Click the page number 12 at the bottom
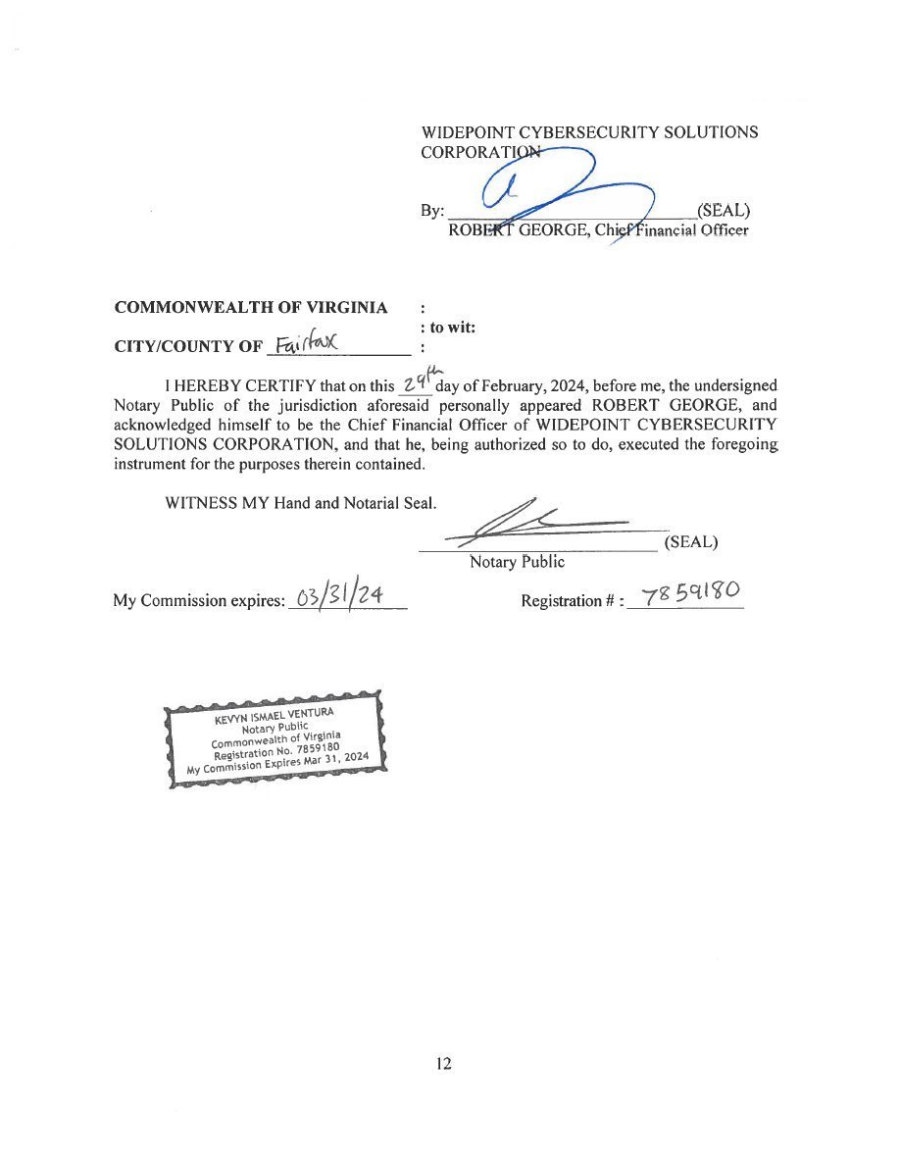pyautogui.click(x=444, y=1064)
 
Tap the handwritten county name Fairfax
pyautogui.click(x=306, y=343)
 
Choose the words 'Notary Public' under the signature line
pyautogui.click(x=517, y=562)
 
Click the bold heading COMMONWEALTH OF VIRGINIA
pyautogui.click(x=251, y=307)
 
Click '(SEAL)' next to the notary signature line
pyautogui.click(x=691, y=541)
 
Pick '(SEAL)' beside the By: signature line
pyautogui.click(x=723, y=210)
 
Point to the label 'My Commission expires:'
pyautogui.click(x=198, y=600)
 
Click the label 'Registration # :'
pyautogui.click(x=573, y=600)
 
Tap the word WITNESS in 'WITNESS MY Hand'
pyautogui.click(x=195, y=502)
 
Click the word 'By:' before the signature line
pyautogui.click(x=432, y=211)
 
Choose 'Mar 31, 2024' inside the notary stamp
pyautogui.click(x=335, y=760)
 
